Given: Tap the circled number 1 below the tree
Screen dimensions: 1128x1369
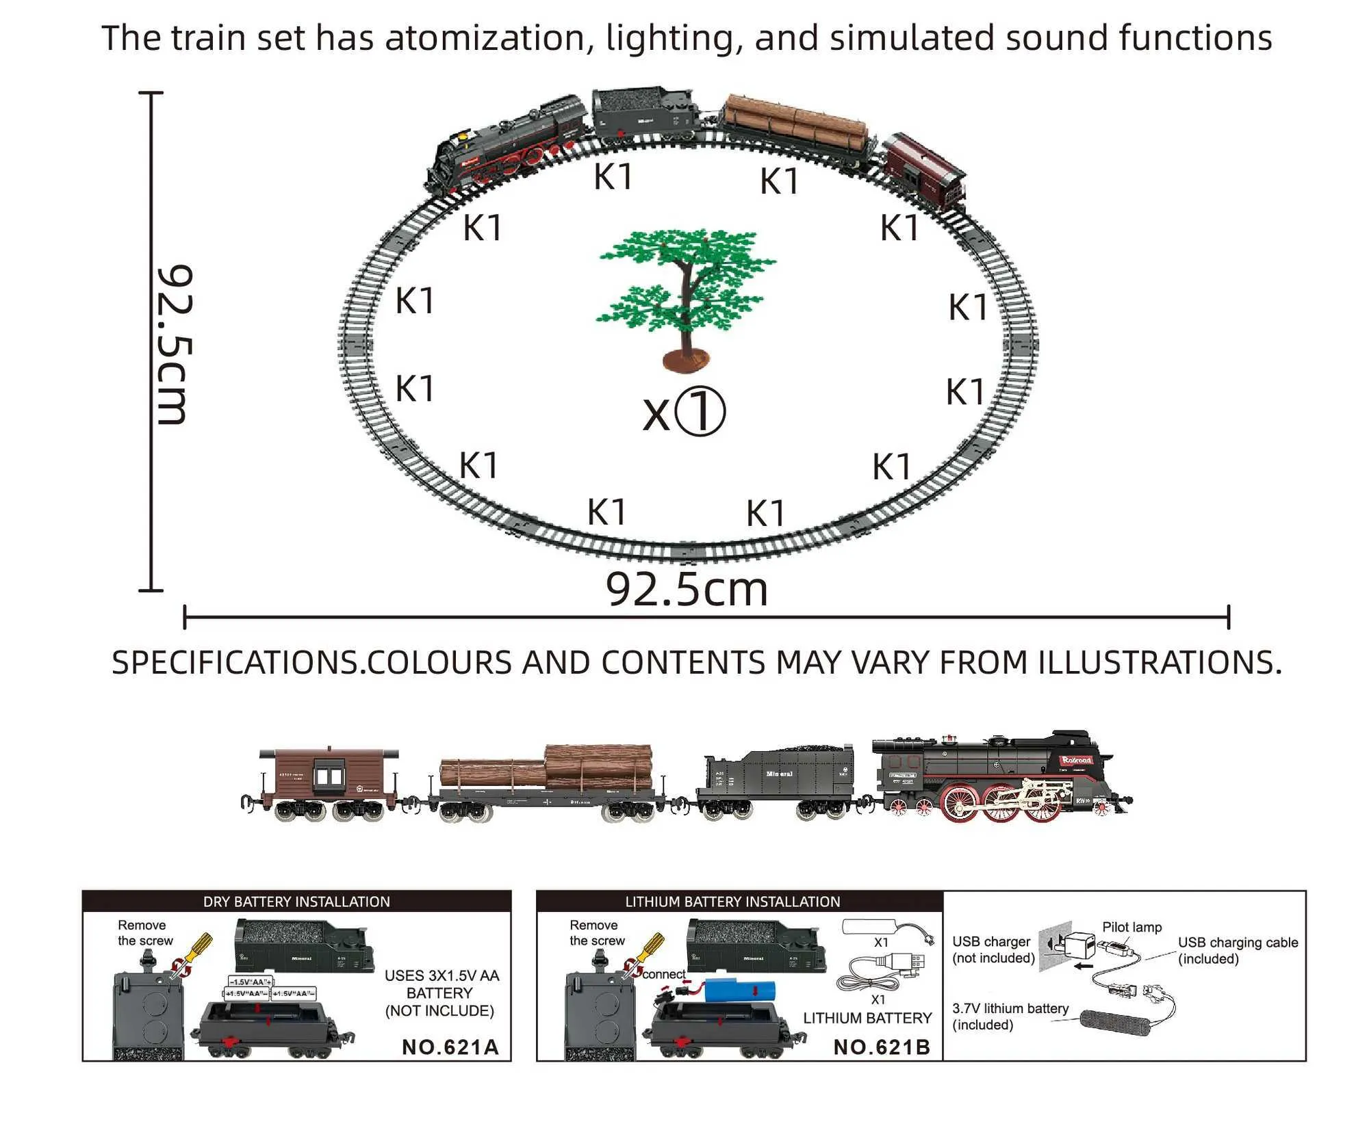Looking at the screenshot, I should click(700, 411).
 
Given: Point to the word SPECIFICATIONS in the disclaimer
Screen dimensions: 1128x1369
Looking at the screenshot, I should click(235, 662).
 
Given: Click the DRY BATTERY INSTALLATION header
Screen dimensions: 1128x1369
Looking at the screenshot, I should click(296, 902).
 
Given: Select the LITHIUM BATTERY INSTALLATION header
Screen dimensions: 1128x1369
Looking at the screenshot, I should click(732, 902).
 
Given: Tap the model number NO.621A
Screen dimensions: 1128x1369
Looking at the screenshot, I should click(450, 1047).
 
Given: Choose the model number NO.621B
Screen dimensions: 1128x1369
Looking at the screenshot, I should click(882, 1047).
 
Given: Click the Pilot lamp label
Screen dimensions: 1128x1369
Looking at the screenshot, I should click(1131, 927).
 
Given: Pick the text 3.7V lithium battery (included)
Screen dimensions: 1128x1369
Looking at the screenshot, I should click(1010, 1016).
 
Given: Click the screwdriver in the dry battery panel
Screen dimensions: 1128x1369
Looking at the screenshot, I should click(193, 951).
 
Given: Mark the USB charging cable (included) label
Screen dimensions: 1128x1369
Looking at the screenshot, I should click(1238, 950).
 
